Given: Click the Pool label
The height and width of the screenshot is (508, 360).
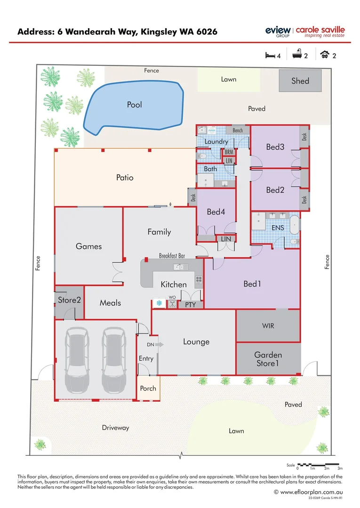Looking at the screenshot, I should pos(135,104).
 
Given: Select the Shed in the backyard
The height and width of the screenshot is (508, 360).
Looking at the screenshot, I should pos(300,80).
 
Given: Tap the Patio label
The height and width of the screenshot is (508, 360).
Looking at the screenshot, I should pos(125,177).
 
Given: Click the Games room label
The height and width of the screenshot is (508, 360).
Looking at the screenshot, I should pos(88,246).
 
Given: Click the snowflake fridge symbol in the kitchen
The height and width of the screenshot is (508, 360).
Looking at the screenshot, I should pos(159,303).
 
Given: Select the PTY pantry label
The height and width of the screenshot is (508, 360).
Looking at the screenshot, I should pos(190,305).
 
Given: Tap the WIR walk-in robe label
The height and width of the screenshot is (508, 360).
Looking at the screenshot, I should pos(268,325).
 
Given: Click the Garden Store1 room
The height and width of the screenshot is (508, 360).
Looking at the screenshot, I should pos(268,359).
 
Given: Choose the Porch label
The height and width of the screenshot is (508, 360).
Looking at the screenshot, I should pos(148,389).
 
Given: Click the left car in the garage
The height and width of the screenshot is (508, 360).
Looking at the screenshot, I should pos(77,360).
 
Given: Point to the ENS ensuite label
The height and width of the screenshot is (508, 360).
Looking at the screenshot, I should pos(277,228).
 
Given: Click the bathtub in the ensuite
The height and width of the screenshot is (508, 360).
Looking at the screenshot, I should pos(294,225).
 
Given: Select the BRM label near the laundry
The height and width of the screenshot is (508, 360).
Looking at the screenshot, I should pos(229,152).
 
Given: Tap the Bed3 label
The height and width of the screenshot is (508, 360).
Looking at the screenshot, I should pos(275,147).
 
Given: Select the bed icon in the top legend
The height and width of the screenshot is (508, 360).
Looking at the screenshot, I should pos(270,56).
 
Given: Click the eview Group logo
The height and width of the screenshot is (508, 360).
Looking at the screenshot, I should pos(278,32).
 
